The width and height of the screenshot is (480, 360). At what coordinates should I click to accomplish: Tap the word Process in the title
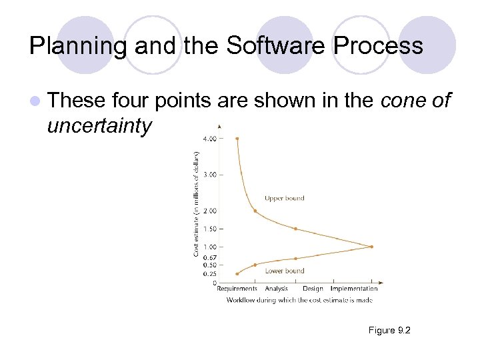click(379, 45)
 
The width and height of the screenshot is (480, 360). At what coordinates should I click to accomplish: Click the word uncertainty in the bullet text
click(100, 125)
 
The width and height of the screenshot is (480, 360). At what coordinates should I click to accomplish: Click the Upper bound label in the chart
click(284, 198)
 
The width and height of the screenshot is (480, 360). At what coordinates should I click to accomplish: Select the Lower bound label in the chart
click(285, 271)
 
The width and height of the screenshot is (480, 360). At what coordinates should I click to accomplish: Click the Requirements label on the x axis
click(237, 289)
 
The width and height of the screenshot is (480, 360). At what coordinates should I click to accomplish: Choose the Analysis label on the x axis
click(276, 289)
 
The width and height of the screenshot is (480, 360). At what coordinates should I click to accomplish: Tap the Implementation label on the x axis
click(354, 289)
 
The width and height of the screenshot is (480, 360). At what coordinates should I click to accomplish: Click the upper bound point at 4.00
click(237, 139)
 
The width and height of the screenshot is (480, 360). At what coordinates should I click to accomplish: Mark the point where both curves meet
click(371, 247)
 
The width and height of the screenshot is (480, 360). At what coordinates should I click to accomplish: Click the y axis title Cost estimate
click(196, 203)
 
